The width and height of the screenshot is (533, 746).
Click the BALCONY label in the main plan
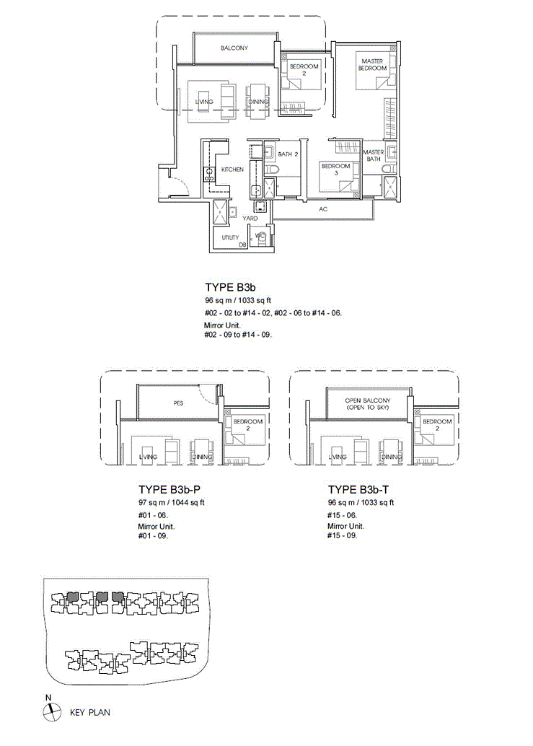(234, 48)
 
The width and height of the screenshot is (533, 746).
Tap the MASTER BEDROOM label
(372, 65)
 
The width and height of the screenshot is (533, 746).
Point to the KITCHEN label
(232, 170)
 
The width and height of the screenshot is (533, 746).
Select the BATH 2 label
(288, 154)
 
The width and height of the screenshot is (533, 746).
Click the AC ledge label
(323, 209)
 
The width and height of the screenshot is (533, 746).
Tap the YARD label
(250, 219)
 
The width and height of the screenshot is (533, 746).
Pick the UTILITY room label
(231, 237)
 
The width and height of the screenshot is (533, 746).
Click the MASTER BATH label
(373, 156)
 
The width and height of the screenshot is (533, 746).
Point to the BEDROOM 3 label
(335, 170)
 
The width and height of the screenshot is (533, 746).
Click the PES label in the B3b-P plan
(178, 403)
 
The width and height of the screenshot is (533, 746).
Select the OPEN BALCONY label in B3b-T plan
(368, 404)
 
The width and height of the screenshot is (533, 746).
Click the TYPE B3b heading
(231, 287)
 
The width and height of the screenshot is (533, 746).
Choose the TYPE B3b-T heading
(358, 490)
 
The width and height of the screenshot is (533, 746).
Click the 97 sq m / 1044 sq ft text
(171, 502)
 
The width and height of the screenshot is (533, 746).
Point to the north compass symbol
(52, 712)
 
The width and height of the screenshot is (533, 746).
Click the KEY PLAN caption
(90, 713)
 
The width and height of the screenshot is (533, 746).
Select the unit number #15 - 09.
(342, 535)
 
